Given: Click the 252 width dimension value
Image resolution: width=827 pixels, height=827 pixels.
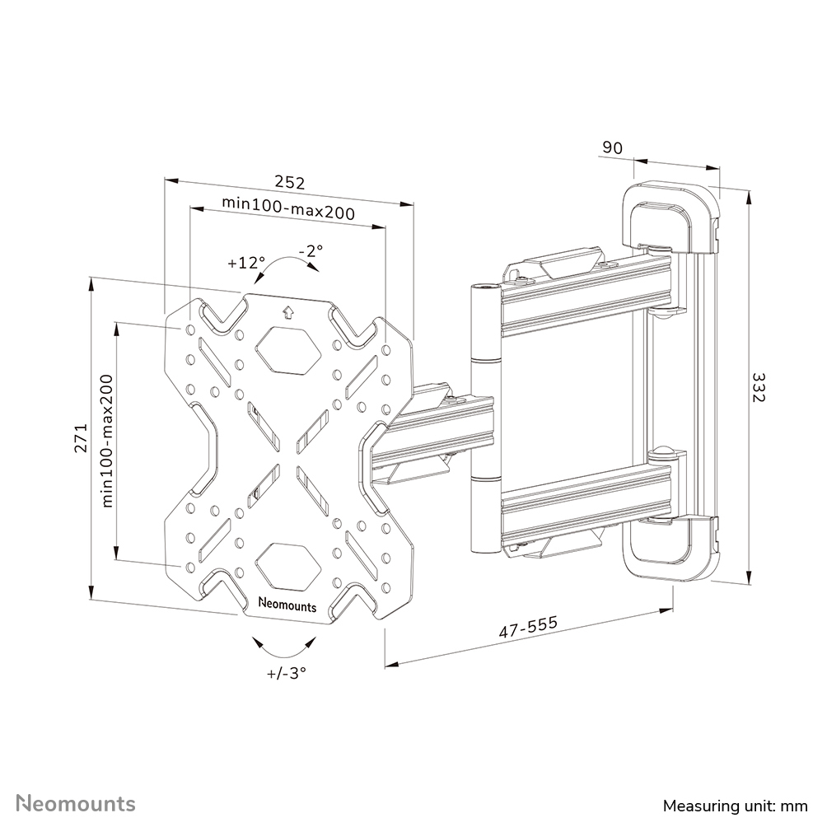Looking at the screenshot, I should [x=289, y=183].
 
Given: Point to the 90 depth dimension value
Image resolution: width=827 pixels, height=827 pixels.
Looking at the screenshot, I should [x=612, y=147].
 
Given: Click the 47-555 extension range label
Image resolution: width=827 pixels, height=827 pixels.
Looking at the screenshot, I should [x=528, y=628].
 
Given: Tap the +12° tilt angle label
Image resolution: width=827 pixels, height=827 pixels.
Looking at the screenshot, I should [x=246, y=263].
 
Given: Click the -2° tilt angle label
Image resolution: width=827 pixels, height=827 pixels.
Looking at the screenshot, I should [x=311, y=250].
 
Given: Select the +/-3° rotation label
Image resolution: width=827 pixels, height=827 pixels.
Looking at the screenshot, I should [x=286, y=672].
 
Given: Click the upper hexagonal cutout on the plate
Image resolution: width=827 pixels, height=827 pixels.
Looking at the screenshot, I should [x=287, y=350].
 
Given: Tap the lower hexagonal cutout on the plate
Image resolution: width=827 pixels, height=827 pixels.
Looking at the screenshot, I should [x=287, y=564].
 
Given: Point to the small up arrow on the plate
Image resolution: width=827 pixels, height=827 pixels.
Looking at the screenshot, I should [x=287, y=312].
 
